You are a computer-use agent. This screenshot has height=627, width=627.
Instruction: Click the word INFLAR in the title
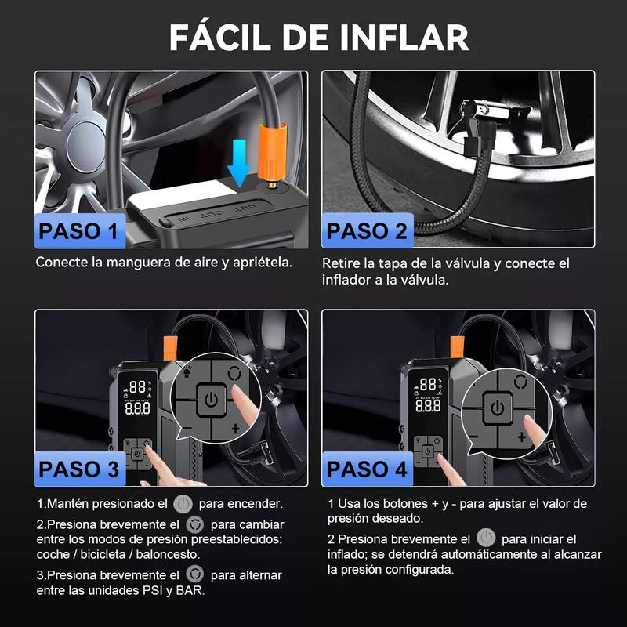pos(404,37)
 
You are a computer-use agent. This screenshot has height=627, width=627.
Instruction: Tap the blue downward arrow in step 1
pos(239,163)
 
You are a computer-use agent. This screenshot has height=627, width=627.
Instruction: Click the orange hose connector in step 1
pos(272,151)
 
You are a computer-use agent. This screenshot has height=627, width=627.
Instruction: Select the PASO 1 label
pos(79,231)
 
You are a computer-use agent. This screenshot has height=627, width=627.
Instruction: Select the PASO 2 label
pos(367,231)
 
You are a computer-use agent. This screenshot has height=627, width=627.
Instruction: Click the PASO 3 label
pos(79,469)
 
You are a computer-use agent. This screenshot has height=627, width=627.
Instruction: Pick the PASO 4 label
pos(367,469)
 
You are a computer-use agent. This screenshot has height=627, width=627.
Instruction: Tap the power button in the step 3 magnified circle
pos(211,400)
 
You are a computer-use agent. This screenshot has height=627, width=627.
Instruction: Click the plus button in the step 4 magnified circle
pos(521,437)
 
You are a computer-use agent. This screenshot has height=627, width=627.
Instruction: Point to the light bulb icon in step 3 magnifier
pos(187,371)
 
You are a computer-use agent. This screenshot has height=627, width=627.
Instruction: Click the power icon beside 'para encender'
pos(183,504)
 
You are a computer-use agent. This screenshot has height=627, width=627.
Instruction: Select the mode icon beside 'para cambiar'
pos(194,524)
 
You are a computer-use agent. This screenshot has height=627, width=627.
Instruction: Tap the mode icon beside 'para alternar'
pos(194,575)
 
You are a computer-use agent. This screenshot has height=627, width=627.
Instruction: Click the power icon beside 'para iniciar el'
pos(486,538)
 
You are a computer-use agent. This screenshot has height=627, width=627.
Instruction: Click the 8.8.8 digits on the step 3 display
pos(138,408)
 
